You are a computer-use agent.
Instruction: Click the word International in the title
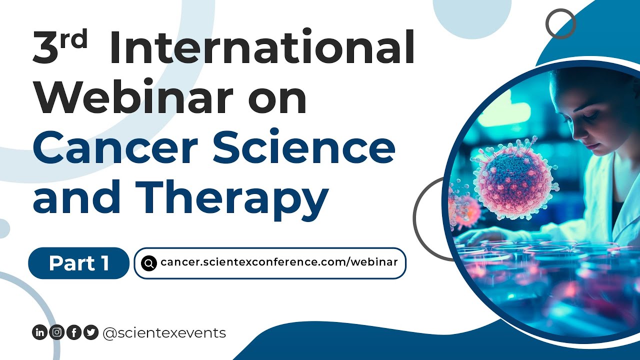[x=262, y=48]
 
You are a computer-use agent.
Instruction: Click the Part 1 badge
[x=79, y=263]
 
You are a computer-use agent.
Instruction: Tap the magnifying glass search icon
[x=149, y=263]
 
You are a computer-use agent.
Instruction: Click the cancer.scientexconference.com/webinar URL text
[x=279, y=263]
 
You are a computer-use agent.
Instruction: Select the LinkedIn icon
[x=39, y=332]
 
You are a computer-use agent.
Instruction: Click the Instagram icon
[x=56, y=332]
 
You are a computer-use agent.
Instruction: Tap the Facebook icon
[x=73, y=332]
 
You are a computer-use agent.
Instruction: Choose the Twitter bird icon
[x=90, y=332]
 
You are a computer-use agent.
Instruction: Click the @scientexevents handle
[x=164, y=332]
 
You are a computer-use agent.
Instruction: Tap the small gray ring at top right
[x=560, y=23]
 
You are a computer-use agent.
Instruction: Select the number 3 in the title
[x=46, y=49]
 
